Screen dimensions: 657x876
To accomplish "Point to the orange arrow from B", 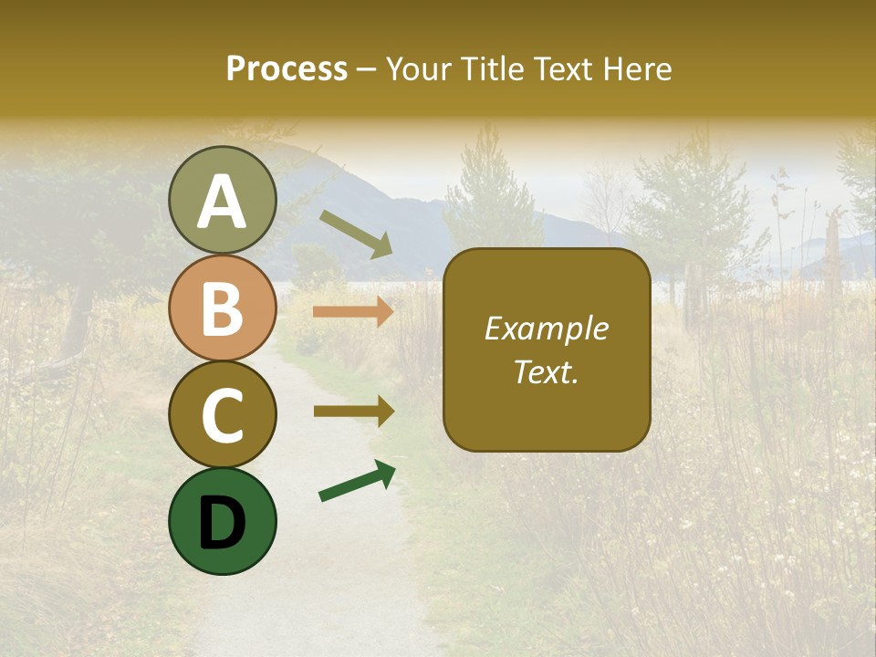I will pos(353,311).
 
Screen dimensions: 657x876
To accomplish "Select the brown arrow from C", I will pos(353,412).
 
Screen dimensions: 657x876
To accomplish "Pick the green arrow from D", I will pos(357,481).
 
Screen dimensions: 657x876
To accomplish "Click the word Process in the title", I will pos(287,68).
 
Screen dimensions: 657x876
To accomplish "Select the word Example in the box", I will pos(546,328).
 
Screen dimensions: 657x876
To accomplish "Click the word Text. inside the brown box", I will pos(546,372).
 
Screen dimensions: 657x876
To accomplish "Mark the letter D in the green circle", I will pos(223,523).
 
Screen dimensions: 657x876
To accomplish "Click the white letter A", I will pos(223,202).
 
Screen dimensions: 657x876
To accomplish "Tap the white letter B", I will pos(223,309).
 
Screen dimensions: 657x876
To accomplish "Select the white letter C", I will pos(223,415).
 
